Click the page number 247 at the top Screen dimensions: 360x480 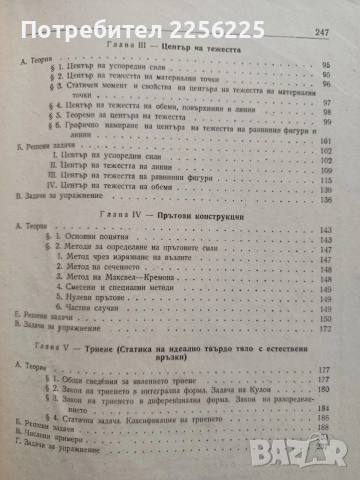[338, 32]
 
